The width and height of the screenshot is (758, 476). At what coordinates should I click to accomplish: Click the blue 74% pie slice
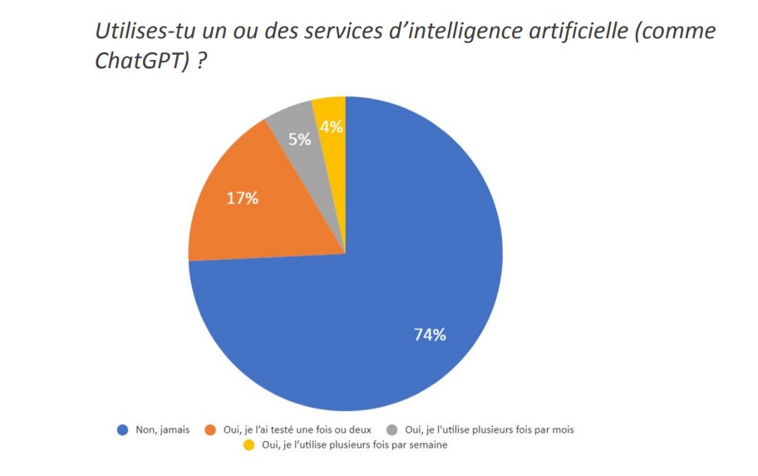(399, 275)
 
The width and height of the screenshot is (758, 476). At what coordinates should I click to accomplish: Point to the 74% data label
(430, 335)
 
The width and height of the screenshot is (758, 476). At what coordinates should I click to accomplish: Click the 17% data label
(243, 199)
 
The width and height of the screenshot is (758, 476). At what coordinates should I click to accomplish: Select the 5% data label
(300, 139)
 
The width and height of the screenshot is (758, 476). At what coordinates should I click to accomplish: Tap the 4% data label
(332, 126)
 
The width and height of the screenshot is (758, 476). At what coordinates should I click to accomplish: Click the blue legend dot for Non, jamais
(122, 430)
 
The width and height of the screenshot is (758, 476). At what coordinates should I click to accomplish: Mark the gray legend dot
(391, 430)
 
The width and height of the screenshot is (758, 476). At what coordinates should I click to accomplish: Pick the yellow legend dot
(249, 445)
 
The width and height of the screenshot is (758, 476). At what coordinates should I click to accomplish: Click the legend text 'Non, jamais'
(163, 430)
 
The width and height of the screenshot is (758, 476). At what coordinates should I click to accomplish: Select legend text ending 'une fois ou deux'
(297, 430)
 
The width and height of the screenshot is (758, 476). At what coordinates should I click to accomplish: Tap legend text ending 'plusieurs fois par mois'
(489, 430)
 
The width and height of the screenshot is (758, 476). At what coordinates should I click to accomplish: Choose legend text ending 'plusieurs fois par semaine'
(354, 445)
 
